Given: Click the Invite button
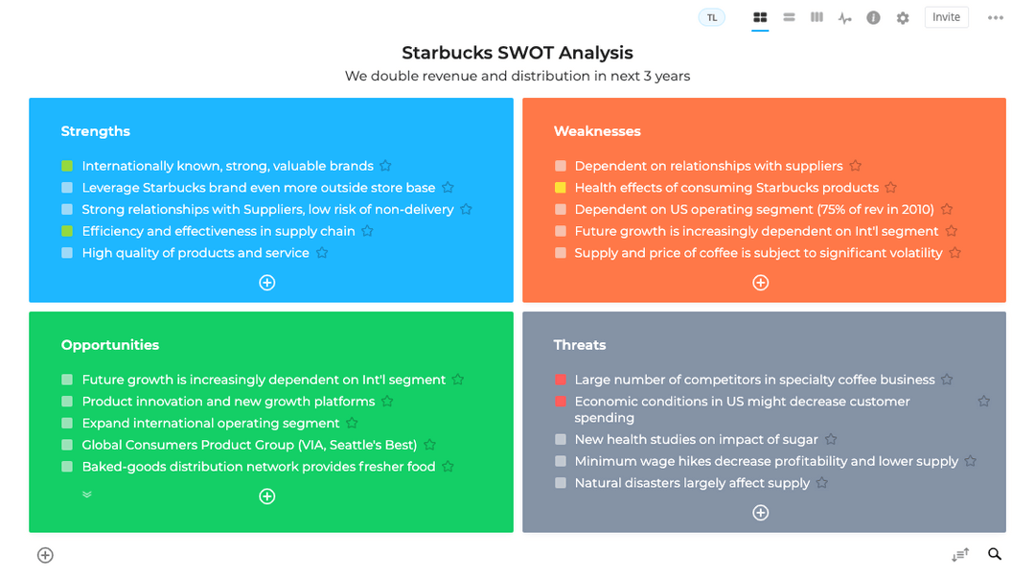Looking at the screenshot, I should click(x=946, y=17).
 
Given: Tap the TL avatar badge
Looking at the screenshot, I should click(x=711, y=17).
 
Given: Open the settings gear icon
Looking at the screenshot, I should click(x=903, y=18).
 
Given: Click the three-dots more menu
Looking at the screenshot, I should click(x=996, y=18).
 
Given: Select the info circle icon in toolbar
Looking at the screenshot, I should click(x=873, y=18).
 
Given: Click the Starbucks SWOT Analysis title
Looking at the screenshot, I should click(x=517, y=53).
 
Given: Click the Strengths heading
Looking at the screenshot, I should click(x=96, y=131).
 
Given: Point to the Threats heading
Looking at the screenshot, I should click(x=580, y=345).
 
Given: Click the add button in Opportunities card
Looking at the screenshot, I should click(x=267, y=496).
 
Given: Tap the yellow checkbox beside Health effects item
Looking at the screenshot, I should click(x=561, y=188).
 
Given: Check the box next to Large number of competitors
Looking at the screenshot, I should click(x=561, y=380).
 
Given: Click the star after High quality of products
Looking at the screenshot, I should click(x=322, y=253).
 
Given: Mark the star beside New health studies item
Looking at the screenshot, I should click(x=831, y=439).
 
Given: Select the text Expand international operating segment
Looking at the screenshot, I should click(x=211, y=424).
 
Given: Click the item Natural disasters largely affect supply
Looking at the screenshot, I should click(x=692, y=483).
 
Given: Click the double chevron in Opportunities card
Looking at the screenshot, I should click(x=87, y=495).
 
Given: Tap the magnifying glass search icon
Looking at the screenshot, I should click(x=995, y=554).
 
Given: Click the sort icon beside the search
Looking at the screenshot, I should click(x=960, y=555).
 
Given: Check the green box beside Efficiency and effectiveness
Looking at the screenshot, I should click(x=67, y=231).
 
